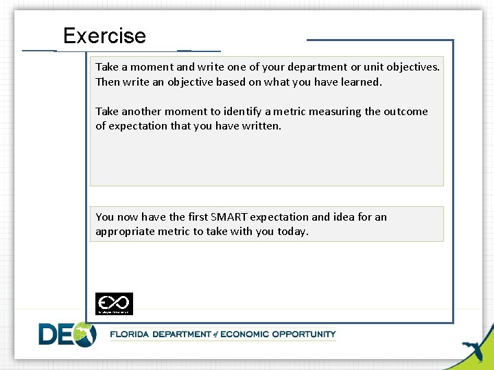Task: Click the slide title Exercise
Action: tap(104, 36)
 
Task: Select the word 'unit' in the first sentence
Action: tap(366, 67)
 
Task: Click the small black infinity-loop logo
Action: tap(114, 303)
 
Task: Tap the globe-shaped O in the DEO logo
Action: tap(85, 334)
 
